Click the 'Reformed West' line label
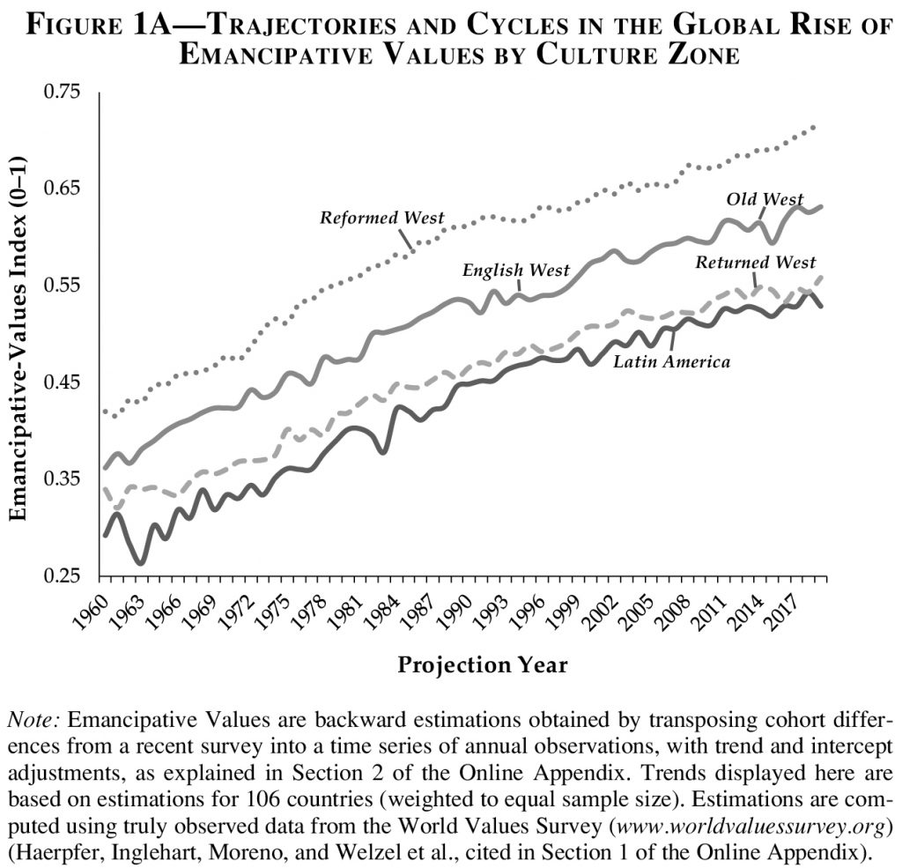[x=381, y=218]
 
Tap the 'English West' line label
[x=516, y=270]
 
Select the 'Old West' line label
[x=765, y=200]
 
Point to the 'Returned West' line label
[x=756, y=262]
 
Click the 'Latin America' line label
[x=672, y=360]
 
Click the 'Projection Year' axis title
[x=483, y=664]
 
